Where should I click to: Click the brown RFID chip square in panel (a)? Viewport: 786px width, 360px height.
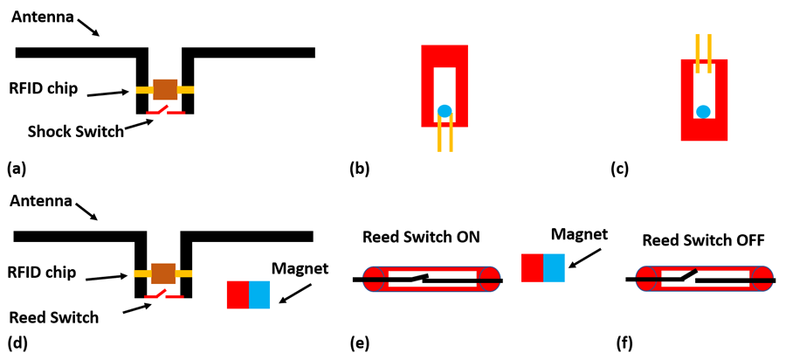pyautogui.click(x=165, y=89)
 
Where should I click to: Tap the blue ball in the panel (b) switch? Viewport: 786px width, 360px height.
pyautogui.click(x=445, y=111)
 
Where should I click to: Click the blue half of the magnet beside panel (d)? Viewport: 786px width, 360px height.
pyautogui.click(x=259, y=294)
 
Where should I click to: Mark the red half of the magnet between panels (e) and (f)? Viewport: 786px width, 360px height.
pyautogui.click(x=532, y=267)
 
